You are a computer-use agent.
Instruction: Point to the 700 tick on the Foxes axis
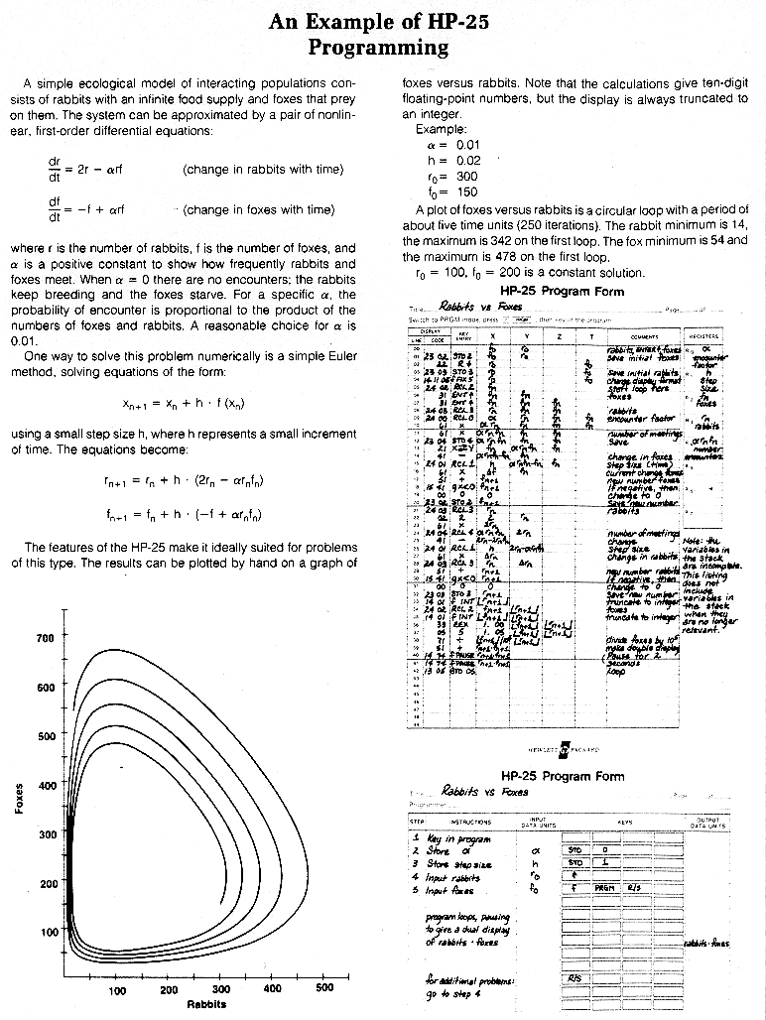(x=45, y=638)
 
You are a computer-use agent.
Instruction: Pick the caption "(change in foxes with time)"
(x=259, y=209)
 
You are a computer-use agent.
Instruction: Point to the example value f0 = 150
(x=445, y=191)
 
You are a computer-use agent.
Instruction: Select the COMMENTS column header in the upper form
(x=646, y=336)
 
